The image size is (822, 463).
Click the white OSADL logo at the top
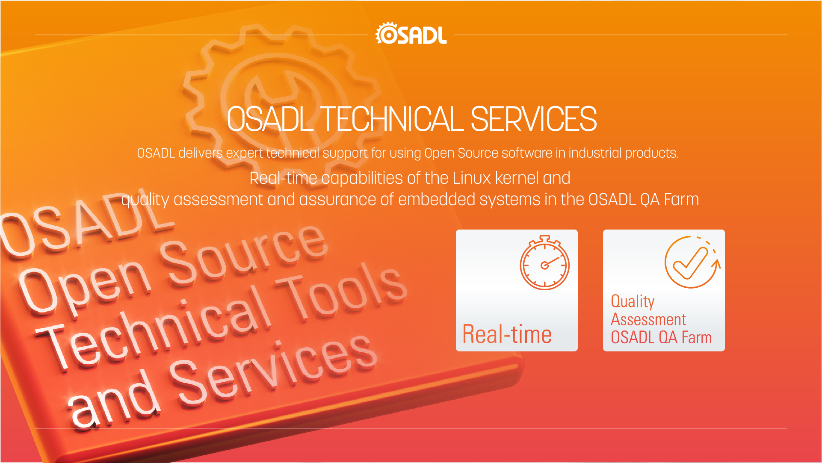(411, 33)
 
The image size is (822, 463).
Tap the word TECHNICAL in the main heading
(392, 119)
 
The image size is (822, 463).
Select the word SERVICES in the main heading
(534, 119)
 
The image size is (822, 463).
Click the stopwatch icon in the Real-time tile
(544, 262)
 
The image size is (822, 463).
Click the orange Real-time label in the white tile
(507, 334)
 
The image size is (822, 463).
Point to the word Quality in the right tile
(633, 301)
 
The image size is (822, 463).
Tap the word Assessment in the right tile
(648, 319)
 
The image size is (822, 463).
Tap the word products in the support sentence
(652, 153)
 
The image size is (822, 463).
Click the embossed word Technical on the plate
(154, 329)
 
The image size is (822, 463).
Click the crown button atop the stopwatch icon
(544, 238)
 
